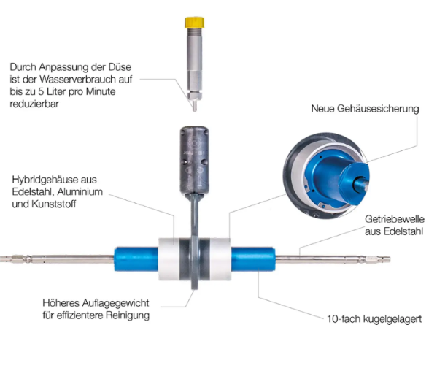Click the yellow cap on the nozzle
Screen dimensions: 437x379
[194, 23]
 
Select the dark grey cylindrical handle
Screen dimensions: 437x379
[194, 160]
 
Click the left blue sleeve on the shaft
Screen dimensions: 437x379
[136, 259]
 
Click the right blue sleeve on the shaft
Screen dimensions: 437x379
[253, 259]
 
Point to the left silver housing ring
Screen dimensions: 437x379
[169, 259]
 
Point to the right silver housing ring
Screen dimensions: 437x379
[220, 259]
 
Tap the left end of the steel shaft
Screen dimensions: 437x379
[1, 259]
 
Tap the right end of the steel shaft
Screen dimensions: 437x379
[390, 260]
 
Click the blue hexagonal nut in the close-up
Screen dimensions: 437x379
[354, 180]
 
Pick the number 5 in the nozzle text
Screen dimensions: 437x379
[41, 92]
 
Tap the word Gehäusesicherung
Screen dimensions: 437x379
[378, 109]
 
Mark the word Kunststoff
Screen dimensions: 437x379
[54, 204]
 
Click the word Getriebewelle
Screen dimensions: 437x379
[395, 219]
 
